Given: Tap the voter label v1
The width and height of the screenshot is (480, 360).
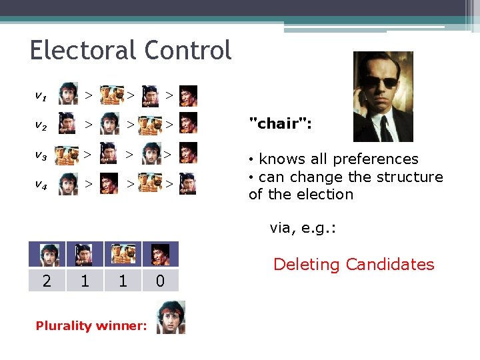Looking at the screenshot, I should coord(41,96).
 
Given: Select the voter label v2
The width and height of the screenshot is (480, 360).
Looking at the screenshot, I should coord(41,125).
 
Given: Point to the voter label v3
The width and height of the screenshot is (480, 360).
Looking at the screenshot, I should coord(41,155).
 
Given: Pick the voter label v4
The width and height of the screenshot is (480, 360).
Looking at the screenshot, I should coord(41,185).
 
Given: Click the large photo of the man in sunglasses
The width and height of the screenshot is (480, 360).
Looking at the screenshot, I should coord(383,97).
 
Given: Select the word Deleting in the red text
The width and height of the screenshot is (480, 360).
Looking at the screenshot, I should coord(306,265).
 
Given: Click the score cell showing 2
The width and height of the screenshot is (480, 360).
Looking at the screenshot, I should coord(47,281).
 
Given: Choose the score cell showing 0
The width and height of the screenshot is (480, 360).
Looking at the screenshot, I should coord(160,281).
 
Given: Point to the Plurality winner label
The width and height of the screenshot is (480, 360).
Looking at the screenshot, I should coord(91,326).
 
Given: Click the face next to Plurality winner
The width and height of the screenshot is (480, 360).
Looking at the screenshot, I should coord(171,317).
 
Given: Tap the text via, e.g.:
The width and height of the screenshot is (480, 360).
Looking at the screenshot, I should coord(303,228).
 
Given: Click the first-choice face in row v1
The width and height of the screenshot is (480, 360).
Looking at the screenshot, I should coord(68,95).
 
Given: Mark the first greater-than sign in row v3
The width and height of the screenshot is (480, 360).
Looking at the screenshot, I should coord(88,155).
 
